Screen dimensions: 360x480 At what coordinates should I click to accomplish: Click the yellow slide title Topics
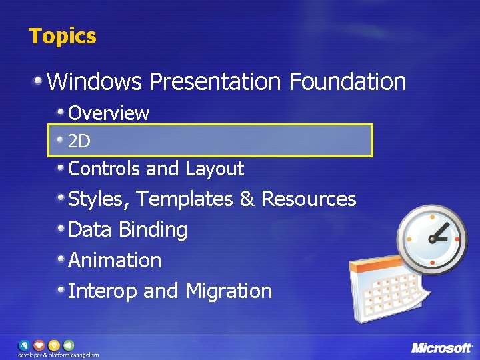pyautogui.click(x=62, y=36)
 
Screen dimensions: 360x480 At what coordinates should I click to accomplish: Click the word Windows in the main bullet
pyautogui.click(x=95, y=82)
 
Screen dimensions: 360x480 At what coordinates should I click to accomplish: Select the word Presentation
pyautogui.click(x=215, y=82)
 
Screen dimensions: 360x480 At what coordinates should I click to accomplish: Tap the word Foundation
pyautogui.click(x=347, y=82)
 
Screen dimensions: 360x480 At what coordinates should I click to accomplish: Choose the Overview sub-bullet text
pyautogui.click(x=109, y=113)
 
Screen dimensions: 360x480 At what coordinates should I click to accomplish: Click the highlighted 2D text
pyautogui.click(x=79, y=141)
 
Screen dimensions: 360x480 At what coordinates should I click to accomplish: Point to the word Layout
pyautogui.click(x=215, y=169)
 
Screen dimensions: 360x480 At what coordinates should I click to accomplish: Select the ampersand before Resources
pyautogui.click(x=246, y=199)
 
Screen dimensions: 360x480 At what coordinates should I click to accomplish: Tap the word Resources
pyautogui.click(x=309, y=199)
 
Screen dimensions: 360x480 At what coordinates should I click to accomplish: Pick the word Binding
pyautogui.click(x=153, y=230)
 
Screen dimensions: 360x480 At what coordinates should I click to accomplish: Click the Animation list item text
pyautogui.click(x=115, y=260)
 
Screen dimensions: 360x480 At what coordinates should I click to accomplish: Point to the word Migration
pyautogui.click(x=229, y=291)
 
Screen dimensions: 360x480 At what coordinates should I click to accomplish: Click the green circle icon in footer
pyautogui.click(x=67, y=345)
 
